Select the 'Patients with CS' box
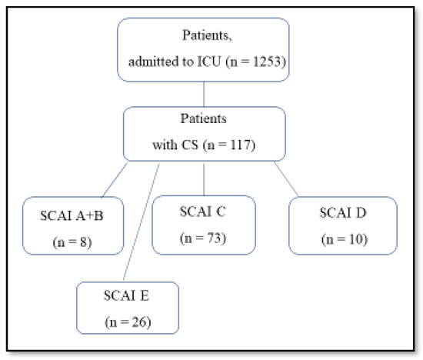[x=203, y=132]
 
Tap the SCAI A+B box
[x=74, y=225]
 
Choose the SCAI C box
[x=203, y=225]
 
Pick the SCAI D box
[x=343, y=225]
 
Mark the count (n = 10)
[x=343, y=239]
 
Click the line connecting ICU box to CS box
[x=203, y=95]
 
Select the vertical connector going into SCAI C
[x=203, y=177]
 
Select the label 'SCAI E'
[x=127, y=296]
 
